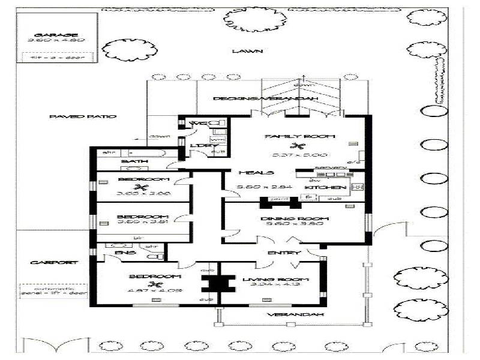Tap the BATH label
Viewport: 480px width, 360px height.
pyautogui.click(x=130, y=162)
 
